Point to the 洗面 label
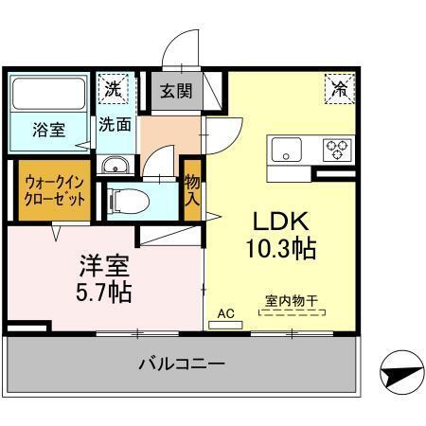116,123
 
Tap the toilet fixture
125,201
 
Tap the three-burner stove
336,148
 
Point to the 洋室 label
104,261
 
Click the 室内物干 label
291,302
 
